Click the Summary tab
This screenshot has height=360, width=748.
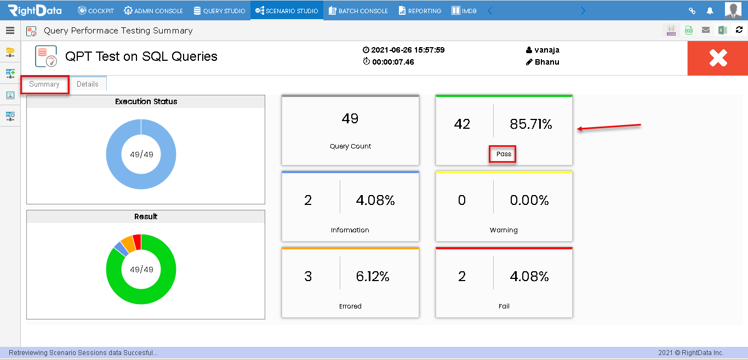(44, 84)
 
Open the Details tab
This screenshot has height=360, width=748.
(88, 84)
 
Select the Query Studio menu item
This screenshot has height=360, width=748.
(219, 11)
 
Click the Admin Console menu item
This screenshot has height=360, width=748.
(153, 11)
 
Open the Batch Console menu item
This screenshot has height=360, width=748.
(358, 11)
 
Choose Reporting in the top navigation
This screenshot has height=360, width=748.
(420, 11)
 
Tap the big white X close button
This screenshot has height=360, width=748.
(718, 58)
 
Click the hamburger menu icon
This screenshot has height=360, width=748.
(10, 30)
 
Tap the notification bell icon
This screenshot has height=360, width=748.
(710, 11)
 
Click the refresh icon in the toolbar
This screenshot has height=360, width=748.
(739, 30)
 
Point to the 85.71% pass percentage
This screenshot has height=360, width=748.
(530, 124)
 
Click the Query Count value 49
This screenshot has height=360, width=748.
(350, 118)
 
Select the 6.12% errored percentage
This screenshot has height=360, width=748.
(373, 277)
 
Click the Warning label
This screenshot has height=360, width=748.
(504, 230)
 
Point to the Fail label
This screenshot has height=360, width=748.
(504, 306)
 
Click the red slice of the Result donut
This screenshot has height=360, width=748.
(137, 242)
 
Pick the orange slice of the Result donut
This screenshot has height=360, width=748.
(128, 244)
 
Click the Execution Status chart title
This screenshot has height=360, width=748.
(146, 101)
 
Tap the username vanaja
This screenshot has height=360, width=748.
(547, 50)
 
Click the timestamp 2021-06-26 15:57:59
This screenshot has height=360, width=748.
(408, 50)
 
